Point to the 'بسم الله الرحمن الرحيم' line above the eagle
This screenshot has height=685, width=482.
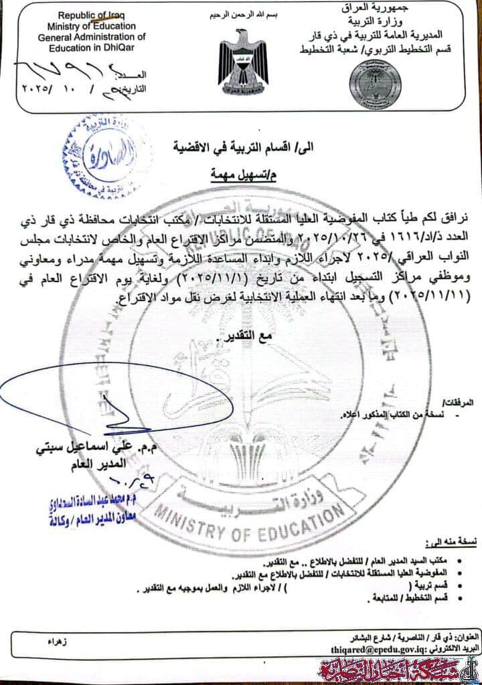pyautogui.click(x=242, y=13)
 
